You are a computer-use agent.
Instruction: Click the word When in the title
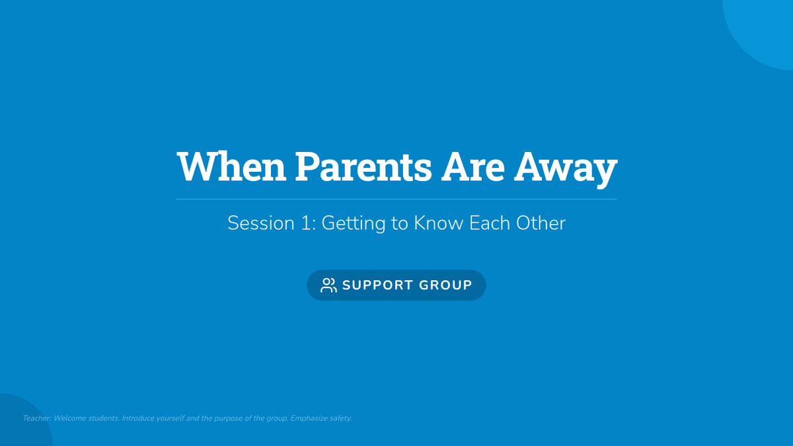pyautogui.click(x=231, y=166)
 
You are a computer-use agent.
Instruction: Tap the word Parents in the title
pyautogui.click(x=363, y=166)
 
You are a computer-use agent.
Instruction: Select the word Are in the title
pyautogui.click(x=473, y=166)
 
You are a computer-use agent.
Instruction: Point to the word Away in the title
pyautogui.click(x=566, y=170)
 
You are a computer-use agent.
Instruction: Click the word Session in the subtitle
pyautogui.click(x=261, y=223)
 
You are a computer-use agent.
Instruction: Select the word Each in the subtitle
pyautogui.click(x=490, y=223)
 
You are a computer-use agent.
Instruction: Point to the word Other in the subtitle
pyautogui.click(x=541, y=223)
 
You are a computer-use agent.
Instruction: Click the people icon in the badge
pyautogui.click(x=328, y=285)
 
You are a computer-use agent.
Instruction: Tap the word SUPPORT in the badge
pyautogui.click(x=377, y=285)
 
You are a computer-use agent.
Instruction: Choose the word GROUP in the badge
pyautogui.click(x=445, y=285)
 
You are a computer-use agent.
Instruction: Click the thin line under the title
pyautogui.click(x=397, y=200)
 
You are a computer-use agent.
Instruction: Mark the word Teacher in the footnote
pyautogui.click(x=37, y=418)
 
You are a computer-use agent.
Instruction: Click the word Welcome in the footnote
pyautogui.click(x=70, y=418)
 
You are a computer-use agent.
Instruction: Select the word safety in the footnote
pyautogui.click(x=340, y=419)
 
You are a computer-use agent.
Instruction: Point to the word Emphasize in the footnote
pyautogui.click(x=309, y=419)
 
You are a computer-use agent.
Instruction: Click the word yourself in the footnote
pyautogui.click(x=170, y=419)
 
